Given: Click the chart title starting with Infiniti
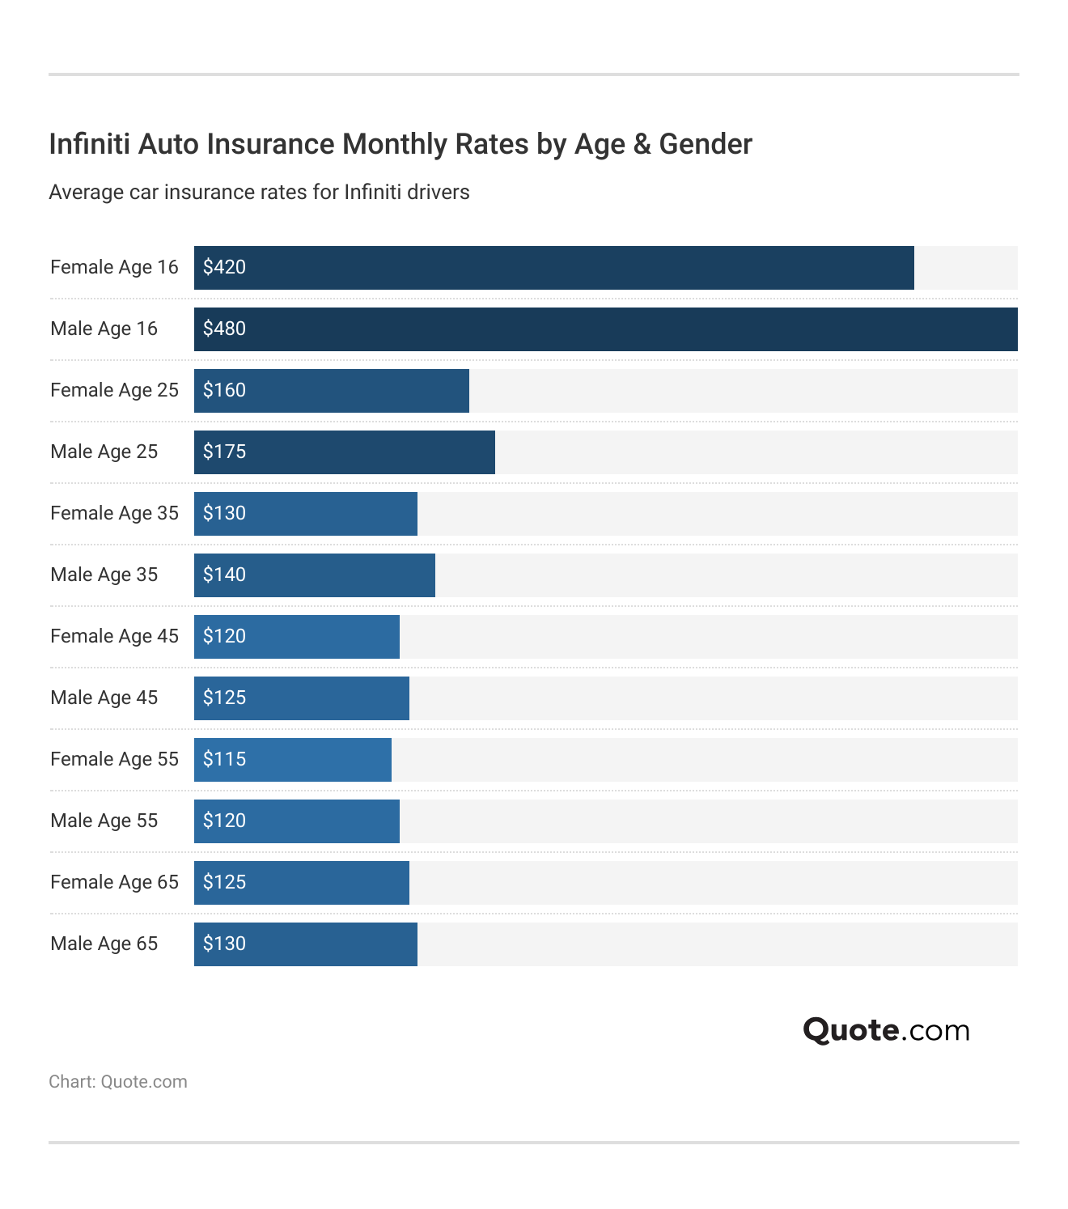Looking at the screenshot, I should pyautogui.click(x=400, y=144).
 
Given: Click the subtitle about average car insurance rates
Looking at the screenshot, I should pyautogui.click(x=259, y=193).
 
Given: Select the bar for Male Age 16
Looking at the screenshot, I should pyautogui.click(x=605, y=329).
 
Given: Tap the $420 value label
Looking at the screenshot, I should pyautogui.click(x=224, y=267).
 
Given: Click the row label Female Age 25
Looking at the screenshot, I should pyautogui.click(x=114, y=390).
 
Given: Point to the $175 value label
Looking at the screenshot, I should pyautogui.click(x=224, y=452).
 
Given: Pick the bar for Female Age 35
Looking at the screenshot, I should pyautogui.click(x=306, y=514).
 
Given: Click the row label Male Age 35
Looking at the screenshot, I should pyautogui.click(x=104, y=575).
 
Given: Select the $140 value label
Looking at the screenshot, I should pyautogui.click(x=224, y=575).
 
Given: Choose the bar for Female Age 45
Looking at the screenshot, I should pyautogui.click(x=297, y=637).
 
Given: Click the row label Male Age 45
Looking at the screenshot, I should pyautogui.click(x=104, y=698).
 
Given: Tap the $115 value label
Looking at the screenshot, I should pyautogui.click(x=224, y=759).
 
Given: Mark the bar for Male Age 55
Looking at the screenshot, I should pyautogui.click(x=297, y=821).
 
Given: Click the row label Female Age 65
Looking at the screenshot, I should pyautogui.click(x=114, y=882).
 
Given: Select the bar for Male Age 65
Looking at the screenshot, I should pyautogui.click(x=306, y=944).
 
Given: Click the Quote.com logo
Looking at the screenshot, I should pyautogui.click(x=886, y=1030).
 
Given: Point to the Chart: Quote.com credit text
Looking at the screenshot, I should pyautogui.click(x=118, y=1082).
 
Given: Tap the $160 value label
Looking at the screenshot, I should pyautogui.click(x=224, y=390).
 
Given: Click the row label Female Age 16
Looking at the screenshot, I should pyautogui.click(x=114, y=267).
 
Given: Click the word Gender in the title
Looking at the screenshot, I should pyautogui.click(x=706, y=144).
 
